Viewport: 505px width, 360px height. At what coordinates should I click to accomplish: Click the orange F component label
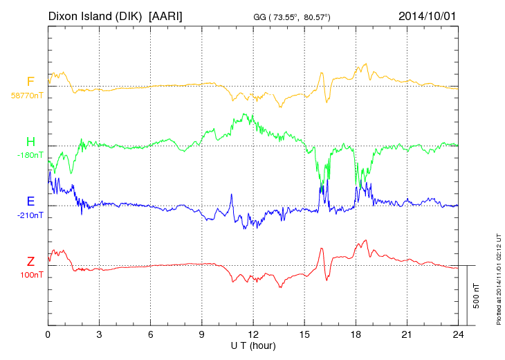[x=30, y=82]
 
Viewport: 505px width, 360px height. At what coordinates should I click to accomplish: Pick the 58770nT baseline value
[x=27, y=95]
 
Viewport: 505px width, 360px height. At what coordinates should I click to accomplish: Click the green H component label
[x=30, y=142]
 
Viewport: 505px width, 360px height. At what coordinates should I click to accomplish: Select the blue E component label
[x=30, y=201]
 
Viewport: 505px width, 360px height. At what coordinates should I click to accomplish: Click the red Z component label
[x=30, y=261]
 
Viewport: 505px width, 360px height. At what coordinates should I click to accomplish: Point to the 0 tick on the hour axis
[x=48, y=334]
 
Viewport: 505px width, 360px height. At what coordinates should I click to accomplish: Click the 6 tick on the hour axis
[x=151, y=334]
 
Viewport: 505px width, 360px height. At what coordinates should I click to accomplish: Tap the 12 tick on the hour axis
[x=253, y=334]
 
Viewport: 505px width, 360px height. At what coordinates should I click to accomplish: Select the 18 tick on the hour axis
[x=356, y=334]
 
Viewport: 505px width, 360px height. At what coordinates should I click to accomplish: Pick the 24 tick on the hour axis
[x=459, y=334]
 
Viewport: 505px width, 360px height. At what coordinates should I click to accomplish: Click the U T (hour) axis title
[x=253, y=345]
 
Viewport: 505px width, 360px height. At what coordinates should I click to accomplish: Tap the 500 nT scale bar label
[x=477, y=295]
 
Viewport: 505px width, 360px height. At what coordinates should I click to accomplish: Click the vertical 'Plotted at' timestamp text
[x=498, y=277]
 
